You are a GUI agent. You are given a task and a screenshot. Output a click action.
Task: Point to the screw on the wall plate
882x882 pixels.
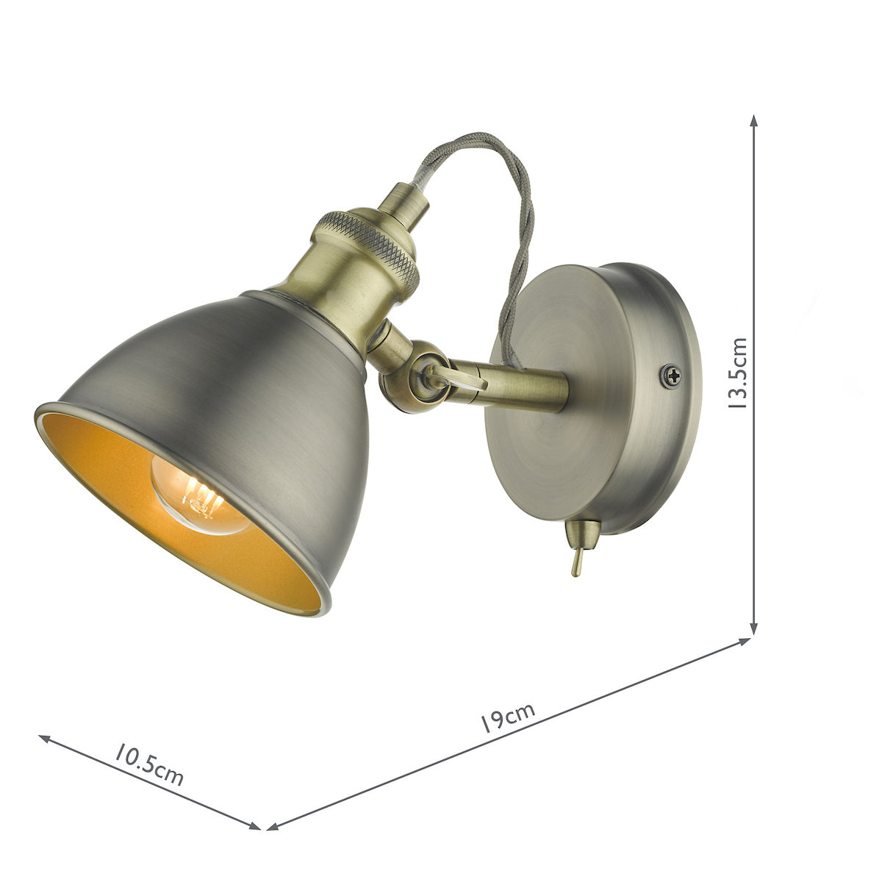pos(670,376)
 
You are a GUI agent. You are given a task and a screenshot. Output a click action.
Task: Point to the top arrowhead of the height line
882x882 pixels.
pos(753,120)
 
